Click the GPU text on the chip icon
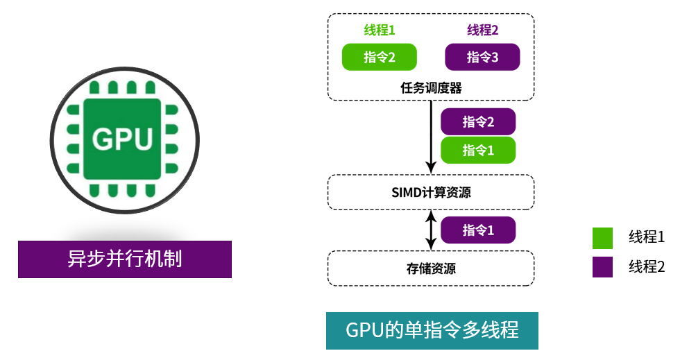point(122,139)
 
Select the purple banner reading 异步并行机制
point(125,259)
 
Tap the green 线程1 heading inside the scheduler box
point(380,30)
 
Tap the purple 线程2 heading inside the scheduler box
point(482,30)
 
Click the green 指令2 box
point(380,57)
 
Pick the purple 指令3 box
point(482,57)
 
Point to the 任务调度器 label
point(431,88)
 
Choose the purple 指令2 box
point(478,122)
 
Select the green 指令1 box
point(478,149)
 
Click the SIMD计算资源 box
point(431,192)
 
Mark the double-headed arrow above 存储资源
point(431,230)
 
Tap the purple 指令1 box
point(478,230)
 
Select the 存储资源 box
point(431,268)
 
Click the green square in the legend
point(602,238)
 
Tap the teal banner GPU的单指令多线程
point(432,329)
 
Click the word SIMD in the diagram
point(406,192)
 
